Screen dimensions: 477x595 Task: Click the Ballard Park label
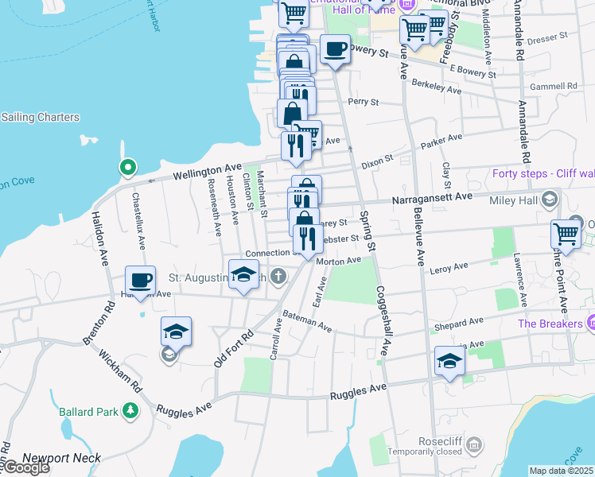[87, 412]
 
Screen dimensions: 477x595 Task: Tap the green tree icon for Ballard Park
[129, 411]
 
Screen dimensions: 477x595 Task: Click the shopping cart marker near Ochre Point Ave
[565, 235]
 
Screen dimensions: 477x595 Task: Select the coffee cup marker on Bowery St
[335, 49]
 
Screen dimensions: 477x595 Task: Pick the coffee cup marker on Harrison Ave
[140, 281]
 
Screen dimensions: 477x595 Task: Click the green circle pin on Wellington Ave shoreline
[126, 168]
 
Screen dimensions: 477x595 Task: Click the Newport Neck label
[62, 458]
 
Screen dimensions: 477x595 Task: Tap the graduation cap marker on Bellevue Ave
[449, 361]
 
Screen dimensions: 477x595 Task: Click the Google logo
[26, 467]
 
